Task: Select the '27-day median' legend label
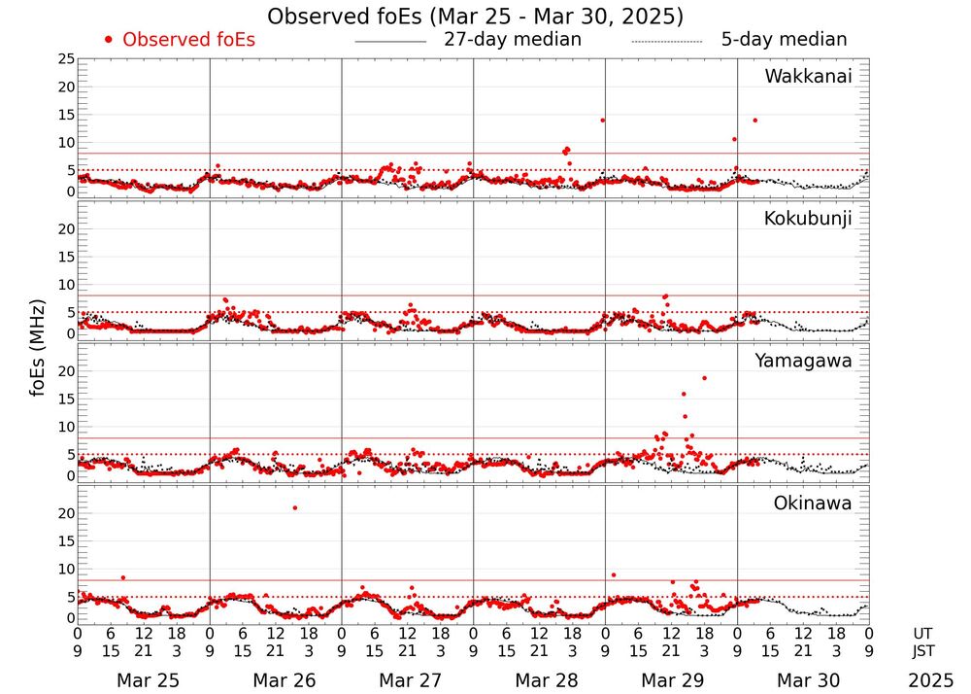(513, 40)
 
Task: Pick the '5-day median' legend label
(785, 40)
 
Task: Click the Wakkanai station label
(808, 77)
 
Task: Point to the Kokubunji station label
(808, 219)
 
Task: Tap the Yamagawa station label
(804, 362)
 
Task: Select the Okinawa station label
(813, 503)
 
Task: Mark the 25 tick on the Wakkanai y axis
(66, 59)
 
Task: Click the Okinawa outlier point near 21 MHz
(295, 507)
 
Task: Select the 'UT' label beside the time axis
(922, 633)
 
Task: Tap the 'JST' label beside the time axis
(926, 651)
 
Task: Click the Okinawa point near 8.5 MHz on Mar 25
(123, 577)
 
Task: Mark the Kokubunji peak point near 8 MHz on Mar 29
(665, 296)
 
